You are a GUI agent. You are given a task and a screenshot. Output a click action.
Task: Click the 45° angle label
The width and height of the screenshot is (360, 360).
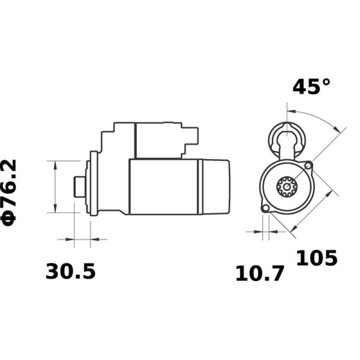pos(311,87)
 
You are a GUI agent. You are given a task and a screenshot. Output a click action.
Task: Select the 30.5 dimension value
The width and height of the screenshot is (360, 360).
pos(71,272)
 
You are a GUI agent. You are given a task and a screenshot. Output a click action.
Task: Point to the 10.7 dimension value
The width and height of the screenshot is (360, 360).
pos(260,274)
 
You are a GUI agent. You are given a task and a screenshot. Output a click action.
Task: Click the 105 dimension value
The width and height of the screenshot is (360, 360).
pos(316,258)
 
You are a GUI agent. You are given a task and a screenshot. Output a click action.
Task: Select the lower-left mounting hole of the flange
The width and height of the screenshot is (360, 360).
pos(265,208)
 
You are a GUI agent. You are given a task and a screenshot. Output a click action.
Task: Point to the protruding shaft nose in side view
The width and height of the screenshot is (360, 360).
pos(79,186)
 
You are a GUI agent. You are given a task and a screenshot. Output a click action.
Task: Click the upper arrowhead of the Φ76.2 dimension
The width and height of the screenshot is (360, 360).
pos(55,165)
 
